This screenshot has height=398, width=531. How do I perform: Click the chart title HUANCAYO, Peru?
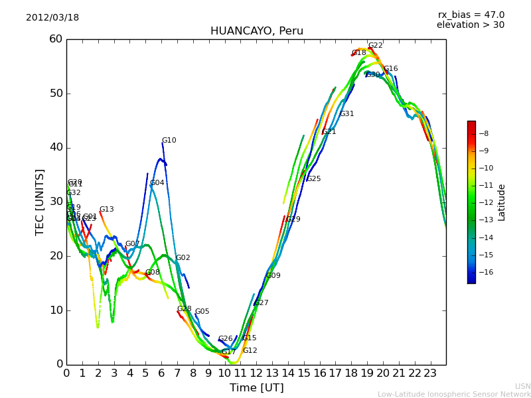(x=256, y=31)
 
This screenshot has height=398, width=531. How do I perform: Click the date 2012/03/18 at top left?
(x=52, y=18)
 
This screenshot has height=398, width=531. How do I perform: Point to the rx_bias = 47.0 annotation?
(x=471, y=15)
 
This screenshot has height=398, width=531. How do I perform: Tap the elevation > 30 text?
(x=470, y=25)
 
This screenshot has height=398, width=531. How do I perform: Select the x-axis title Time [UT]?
(x=256, y=388)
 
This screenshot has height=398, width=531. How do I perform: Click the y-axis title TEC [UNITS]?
(x=40, y=202)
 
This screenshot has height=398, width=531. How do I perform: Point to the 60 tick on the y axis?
(x=56, y=39)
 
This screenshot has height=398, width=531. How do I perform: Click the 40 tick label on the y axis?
(x=56, y=147)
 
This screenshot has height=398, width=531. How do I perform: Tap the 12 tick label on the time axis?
(x=256, y=373)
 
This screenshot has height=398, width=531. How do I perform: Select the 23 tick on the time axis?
(x=430, y=373)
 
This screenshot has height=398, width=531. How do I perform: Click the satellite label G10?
(x=169, y=141)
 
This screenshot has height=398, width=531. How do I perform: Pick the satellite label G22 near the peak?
(x=376, y=46)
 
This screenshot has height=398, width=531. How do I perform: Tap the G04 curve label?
(x=157, y=183)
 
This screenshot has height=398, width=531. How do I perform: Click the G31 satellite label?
(x=347, y=114)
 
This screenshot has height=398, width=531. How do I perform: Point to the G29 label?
(x=293, y=220)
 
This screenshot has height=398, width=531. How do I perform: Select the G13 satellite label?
(x=107, y=210)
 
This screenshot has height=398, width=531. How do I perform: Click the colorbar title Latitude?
(x=502, y=202)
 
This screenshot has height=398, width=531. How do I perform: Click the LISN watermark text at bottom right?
(x=523, y=386)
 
